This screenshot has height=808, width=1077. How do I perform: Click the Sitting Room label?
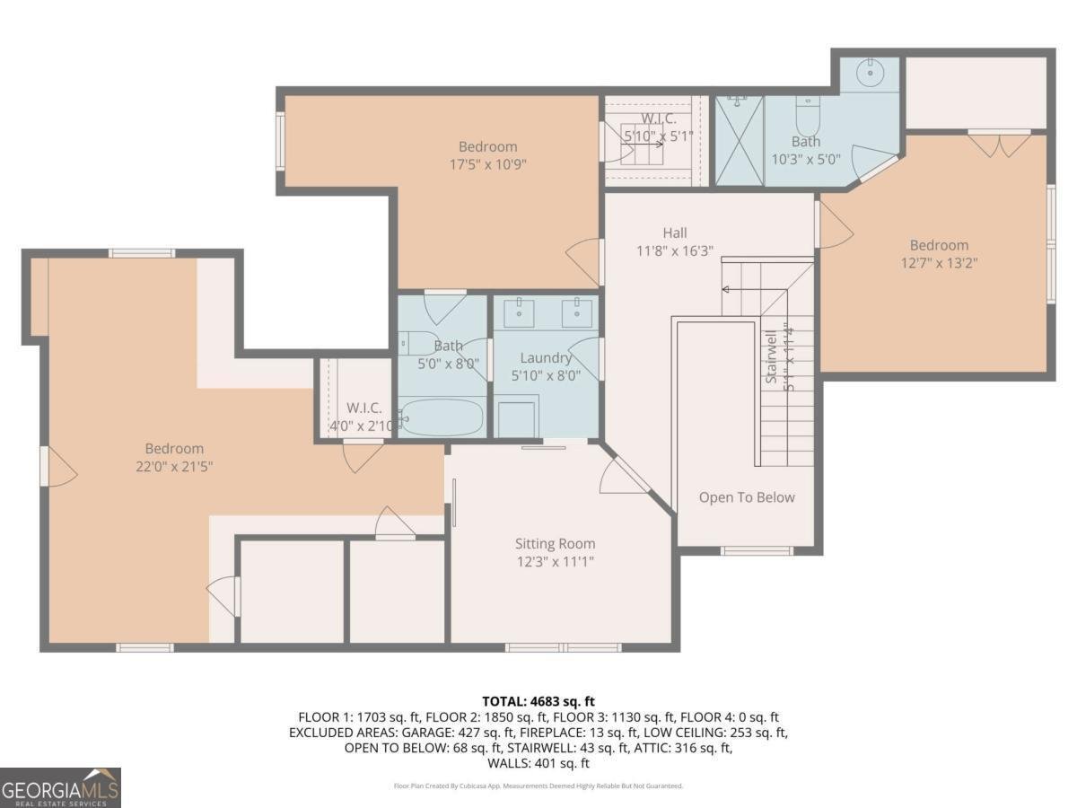(x=555, y=544)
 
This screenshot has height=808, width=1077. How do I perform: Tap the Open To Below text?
(x=747, y=497)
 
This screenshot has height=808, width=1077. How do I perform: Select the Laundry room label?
(x=546, y=358)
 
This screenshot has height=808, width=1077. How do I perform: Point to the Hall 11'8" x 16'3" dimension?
(x=674, y=251)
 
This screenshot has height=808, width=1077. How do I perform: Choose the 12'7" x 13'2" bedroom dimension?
(x=939, y=263)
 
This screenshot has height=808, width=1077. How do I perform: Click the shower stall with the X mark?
(x=739, y=140)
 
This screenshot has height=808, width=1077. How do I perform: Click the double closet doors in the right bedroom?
(x=999, y=144)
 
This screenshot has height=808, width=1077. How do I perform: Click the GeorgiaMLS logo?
(x=60, y=787)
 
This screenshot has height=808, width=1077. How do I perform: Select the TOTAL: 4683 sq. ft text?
(x=538, y=701)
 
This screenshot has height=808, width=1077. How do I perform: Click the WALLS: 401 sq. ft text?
(x=538, y=763)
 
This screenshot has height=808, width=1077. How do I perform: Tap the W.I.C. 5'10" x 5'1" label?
(x=658, y=127)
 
